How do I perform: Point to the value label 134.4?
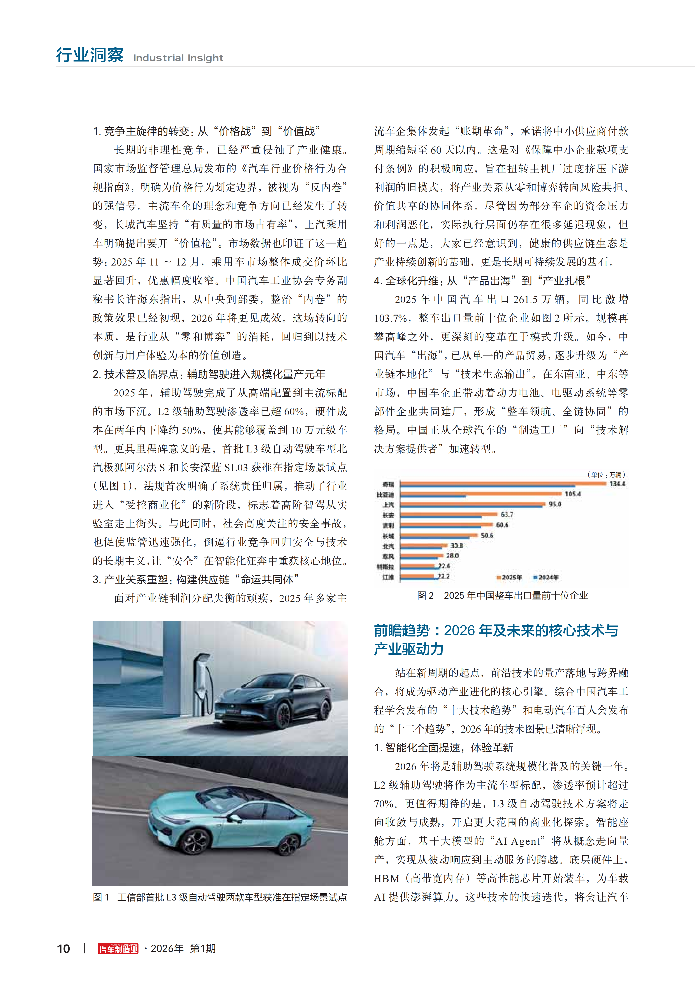(x=617, y=483)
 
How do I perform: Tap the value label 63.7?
(x=507, y=514)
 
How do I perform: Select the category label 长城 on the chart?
(x=388, y=536)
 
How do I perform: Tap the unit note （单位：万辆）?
(x=606, y=474)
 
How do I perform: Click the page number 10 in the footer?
(x=63, y=949)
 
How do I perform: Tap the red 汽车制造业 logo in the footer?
(x=118, y=949)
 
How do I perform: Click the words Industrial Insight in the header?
(x=178, y=58)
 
